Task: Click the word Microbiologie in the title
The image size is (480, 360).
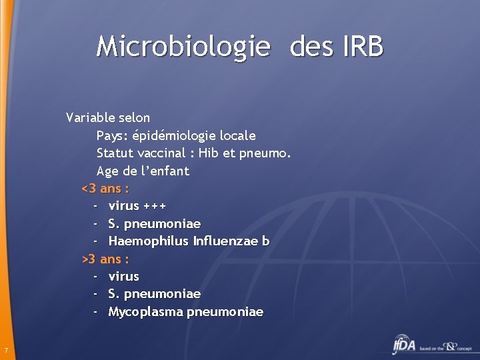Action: [183, 47]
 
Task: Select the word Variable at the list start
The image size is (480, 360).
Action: [90, 118]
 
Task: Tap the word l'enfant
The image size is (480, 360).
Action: [164, 171]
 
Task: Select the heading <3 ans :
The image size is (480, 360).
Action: [105, 189]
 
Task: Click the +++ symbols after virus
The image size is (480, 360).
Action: [154, 206]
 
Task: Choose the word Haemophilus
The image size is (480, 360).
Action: [147, 241]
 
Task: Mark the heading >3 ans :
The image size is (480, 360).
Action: [105, 259]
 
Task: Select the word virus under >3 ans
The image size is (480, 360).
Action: [123, 276]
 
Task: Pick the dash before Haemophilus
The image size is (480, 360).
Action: [96, 241]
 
